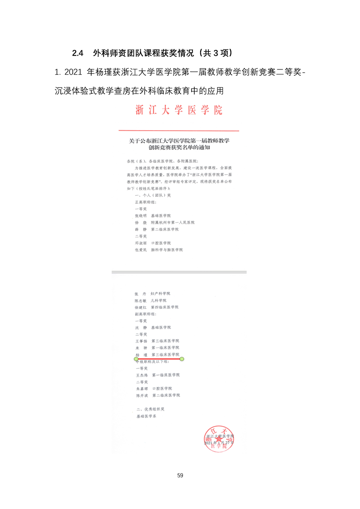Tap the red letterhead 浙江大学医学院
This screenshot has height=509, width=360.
179,110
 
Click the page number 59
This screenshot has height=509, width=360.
180,475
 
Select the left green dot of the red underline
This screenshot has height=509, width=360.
136,359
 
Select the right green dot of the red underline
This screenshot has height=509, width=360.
182,359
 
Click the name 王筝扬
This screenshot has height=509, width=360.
142,340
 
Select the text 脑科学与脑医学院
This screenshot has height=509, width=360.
167,250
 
